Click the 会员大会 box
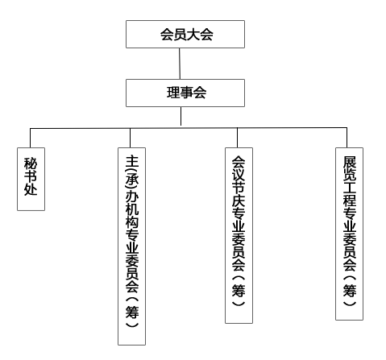click(x=185, y=35)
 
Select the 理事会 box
click(x=185, y=93)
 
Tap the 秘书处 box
click(x=31, y=179)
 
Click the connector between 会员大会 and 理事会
click(x=180, y=64)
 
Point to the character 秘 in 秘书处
click(x=31, y=163)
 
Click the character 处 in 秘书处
click(x=31, y=189)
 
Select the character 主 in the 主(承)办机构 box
click(x=132, y=161)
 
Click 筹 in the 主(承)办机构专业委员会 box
click(x=132, y=312)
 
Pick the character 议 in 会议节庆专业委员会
click(x=239, y=175)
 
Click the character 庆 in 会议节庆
click(x=239, y=201)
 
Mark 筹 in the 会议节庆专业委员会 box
click(x=239, y=290)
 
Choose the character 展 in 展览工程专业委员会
click(x=350, y=162)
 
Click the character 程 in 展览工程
click(x=350, y=200)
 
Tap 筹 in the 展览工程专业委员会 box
click(x=350, y=290)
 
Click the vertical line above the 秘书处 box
click(x=30, y=138)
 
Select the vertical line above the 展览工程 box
click(x=347, y=138)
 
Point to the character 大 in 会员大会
click(x=192, y=35)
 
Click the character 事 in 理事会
click(x=186, y=93)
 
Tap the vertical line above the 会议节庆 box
click(x=237, y=138)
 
